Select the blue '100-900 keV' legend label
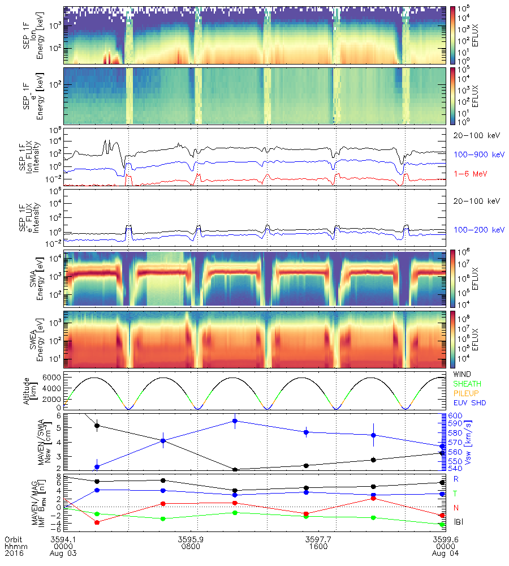pyautogui.click(x=471, y=154)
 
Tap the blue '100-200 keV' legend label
pyautogui.click(x=471, y=230)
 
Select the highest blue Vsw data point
pyautogui.click(x=235, y=421)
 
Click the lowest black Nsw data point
pyautogui.click(x=235, y=469)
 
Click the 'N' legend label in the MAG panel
pyautogui.click(x=456, y=508)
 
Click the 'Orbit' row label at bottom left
pyautogui.click(x=14, y=539)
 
